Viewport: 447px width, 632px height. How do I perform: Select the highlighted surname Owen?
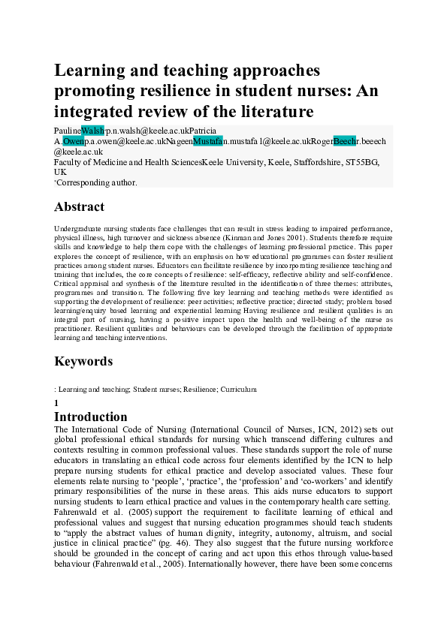[74, 140]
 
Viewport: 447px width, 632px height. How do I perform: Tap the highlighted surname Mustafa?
[207, 140]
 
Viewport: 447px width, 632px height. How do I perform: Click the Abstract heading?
[80, 206]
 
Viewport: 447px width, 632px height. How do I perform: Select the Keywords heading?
[83, 361]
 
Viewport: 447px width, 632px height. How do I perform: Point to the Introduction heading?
[91, 417]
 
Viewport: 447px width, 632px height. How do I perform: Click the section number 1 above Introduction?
[56, 403]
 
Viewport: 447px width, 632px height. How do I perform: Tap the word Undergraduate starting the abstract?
[80, 227]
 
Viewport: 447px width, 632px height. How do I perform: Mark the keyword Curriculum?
[240, 390]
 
